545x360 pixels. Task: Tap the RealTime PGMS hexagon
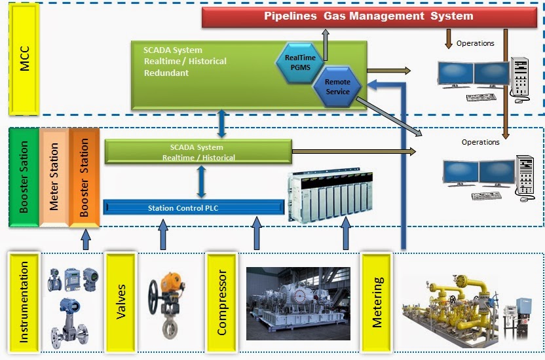tap(299, 62)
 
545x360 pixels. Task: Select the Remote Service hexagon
tap(337, 86)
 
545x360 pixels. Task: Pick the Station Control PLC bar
tap(194, 208)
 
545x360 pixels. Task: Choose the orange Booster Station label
tap(84, 177)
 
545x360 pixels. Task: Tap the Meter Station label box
tap(54, 177)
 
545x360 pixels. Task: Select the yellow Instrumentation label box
tap(24, 302)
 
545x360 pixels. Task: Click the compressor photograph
tap(298, 302)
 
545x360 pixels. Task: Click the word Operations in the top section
tap(476, 44)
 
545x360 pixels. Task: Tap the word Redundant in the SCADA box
tap(166, 73)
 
